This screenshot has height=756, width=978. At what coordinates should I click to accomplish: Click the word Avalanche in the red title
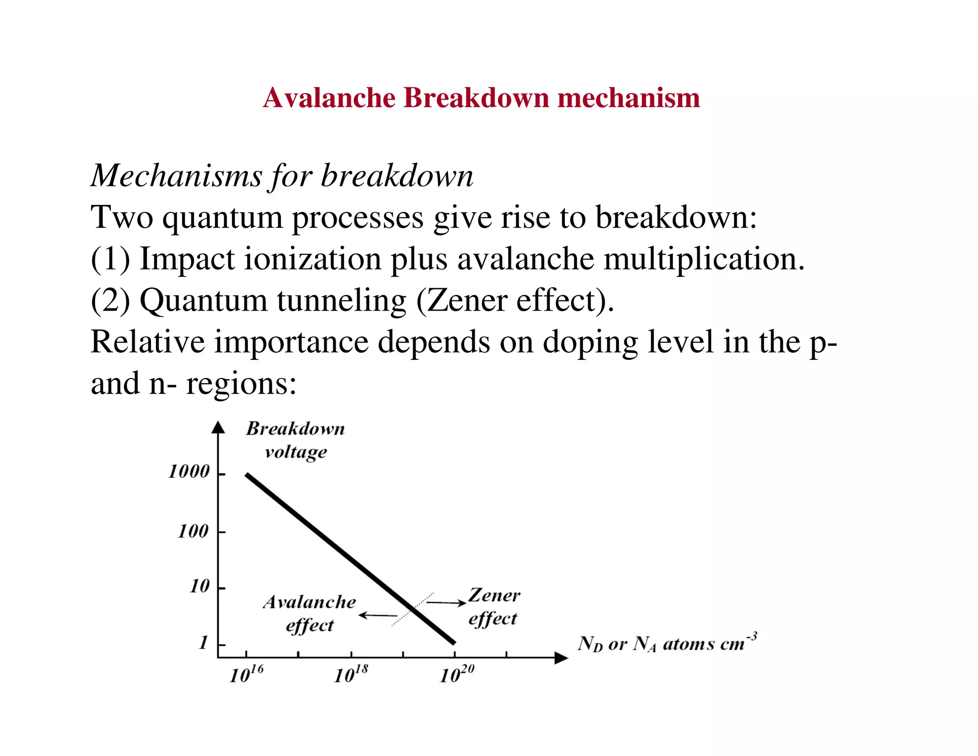[330, 98]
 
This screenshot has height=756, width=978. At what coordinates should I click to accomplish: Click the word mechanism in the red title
[628, 98]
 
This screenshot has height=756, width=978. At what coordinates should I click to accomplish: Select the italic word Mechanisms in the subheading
[176, 176]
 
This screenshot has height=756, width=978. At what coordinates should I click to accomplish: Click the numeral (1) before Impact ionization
[110, 259]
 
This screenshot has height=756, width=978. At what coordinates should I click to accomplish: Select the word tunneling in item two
[341, 301]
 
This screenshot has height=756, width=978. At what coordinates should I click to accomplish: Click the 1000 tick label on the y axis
[189, 472]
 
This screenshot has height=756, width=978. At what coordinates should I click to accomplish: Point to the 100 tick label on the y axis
[193, 531]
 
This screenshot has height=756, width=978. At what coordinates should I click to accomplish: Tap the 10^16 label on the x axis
[246, 674]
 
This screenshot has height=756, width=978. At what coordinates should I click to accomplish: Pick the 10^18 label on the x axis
[351, 674]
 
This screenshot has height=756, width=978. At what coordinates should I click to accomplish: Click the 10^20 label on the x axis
[457, 674]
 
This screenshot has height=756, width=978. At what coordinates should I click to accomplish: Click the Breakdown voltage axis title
[296, 440]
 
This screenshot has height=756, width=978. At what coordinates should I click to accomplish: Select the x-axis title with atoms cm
[667, 643]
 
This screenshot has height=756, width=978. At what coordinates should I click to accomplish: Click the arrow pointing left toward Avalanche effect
[378, 615]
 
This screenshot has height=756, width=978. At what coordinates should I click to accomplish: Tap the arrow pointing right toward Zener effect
[446, 603]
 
